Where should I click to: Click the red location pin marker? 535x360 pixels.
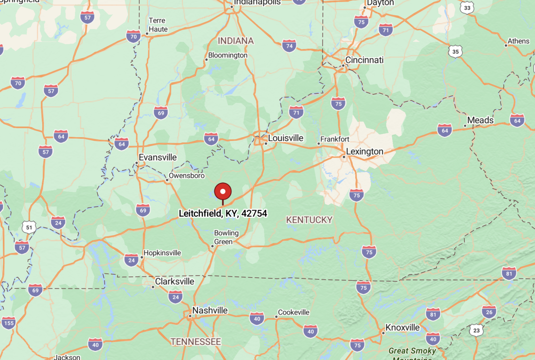pyautogui.click(x=223, y=192)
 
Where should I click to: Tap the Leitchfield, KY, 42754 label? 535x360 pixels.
pyautogui.click(x=223, y=213)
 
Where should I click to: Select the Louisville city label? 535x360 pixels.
pyautogui.click(x=286, y=138)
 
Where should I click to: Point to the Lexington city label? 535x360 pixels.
pyautogui.click(x=364, y=151)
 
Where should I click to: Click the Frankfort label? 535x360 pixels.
pyautogui.click(x=334, y=139)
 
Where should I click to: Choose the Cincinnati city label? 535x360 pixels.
pyautogui.click(x=364, y=60)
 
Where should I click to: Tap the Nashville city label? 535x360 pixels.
pyautogui.click(x=210, y=310)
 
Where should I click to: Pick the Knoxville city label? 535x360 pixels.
pyautogui.click(x=402, y=328)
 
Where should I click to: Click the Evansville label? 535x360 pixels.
pyautogui.click(x=157, y=157)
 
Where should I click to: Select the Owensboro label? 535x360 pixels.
pyautogui.click(x=187, y=176)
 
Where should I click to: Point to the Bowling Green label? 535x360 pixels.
pyautogui.click(x=226, y=237)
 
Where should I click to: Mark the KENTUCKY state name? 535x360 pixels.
pyautogui.click(x=309, y=220)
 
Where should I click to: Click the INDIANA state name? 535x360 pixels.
pyautogui.click(x=236, y=41)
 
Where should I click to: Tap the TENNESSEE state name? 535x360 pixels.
pyautogui.click(x=196, y=342)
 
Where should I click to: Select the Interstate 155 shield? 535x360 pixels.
pyautogui.click(x=9, y=323)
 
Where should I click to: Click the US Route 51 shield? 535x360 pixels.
pyautogui.click(x=29, y=228)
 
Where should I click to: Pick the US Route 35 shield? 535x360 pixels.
pyautogui.click(x=455, y=52)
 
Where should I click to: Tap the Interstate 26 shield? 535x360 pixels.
pyautogui.click(x=489, y=312)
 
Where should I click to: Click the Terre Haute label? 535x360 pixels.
pyautogui.click(x=158, y=25)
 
